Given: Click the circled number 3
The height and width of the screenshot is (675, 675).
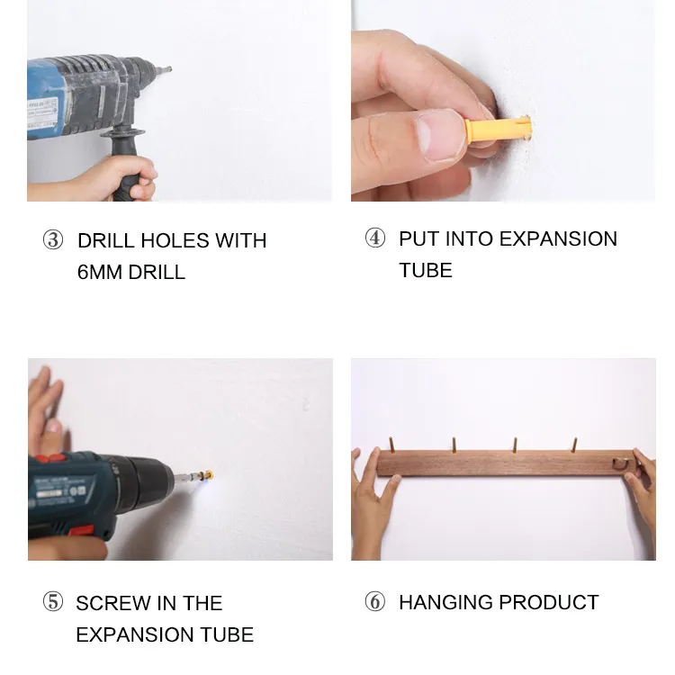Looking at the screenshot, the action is pos(53,240).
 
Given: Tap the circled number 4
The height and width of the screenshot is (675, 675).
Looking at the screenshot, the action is pos(375,238).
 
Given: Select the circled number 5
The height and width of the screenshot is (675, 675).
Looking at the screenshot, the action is pos(53,602).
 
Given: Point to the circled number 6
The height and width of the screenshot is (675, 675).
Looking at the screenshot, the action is pos(375,602).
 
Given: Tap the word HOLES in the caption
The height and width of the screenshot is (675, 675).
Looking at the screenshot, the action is pos(174,240).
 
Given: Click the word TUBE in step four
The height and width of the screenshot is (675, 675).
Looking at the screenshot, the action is pos(426,270).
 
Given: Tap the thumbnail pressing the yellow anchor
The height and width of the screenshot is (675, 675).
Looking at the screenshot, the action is pos(440,135).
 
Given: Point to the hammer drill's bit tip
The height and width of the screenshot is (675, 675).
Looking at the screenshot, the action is pos(169,69).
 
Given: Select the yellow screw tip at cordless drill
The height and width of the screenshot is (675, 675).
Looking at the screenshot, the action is pos(209,475).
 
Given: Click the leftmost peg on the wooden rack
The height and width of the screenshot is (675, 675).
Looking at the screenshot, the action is pos(391,445).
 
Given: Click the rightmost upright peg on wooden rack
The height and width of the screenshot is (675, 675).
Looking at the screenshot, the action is pos(574,445).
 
